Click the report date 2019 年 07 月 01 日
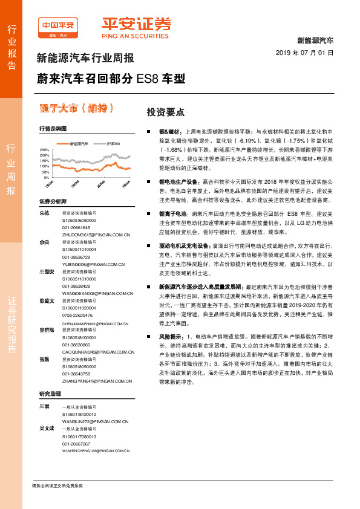pyautogui.click(x=309, y=53)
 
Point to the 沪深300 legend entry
pyautogui.click(x=114, y=144)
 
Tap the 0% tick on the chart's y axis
pyautogui.click(x=47, y=178)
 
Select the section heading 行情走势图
pyautogui.click(x=52, y=129)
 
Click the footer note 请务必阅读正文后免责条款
pyautogui.click(x=57, y=485)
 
